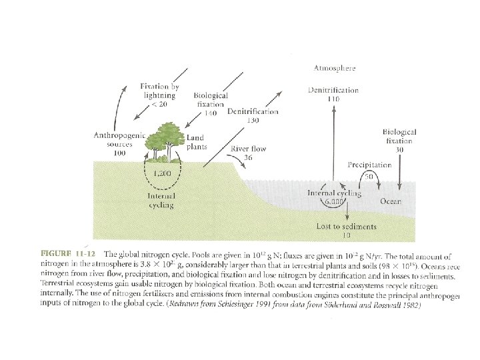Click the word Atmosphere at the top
(x=334, y=67)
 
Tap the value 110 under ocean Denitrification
(x=333, y=99)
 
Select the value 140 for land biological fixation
(x=211, y=113)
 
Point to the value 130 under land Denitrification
(x=253, y=121)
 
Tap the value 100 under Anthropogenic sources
(x=119, y=153)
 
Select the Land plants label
(x=197, y=142)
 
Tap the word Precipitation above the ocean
(x=368, y=163)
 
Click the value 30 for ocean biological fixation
(x=399, y=150)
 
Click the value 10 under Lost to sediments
(x=345, y=236)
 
